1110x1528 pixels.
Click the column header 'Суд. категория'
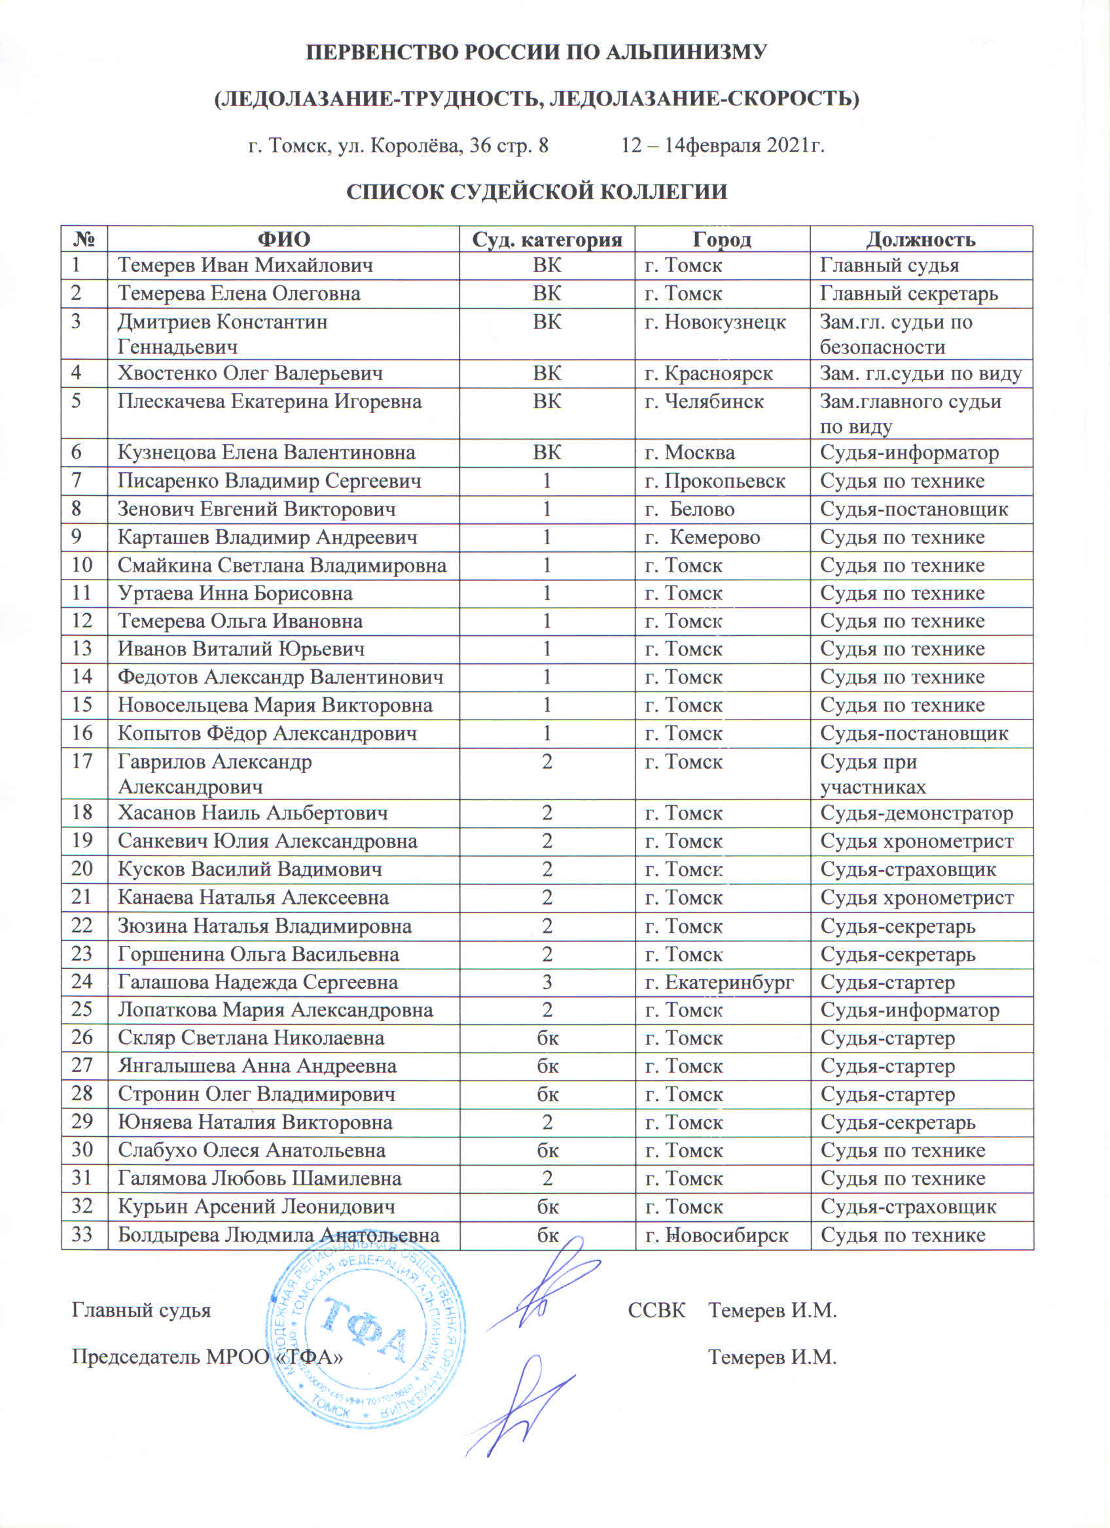[546, 239]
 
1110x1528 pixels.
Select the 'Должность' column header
[921, 239]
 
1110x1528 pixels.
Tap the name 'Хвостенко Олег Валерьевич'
[250, 373]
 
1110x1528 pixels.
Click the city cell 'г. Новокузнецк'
[715, 321]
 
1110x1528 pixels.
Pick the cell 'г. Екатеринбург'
[719, 982]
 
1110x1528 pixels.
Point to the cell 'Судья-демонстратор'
[916, 812]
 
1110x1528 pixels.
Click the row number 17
[82, 761]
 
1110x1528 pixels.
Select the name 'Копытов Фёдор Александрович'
[267, 733]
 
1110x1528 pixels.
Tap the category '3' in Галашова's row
[546, 982]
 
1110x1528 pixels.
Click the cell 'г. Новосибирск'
[717, 1235]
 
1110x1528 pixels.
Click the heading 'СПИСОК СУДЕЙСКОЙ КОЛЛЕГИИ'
[537, 192]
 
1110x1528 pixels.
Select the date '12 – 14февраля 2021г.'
[723, 145]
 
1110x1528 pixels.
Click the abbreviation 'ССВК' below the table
[656, 1310]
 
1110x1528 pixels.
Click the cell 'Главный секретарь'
[908, 294]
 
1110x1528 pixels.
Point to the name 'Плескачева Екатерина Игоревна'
[270, 402]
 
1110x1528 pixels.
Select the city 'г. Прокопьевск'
[715, 481]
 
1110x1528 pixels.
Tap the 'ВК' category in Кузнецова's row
[546, 452]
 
